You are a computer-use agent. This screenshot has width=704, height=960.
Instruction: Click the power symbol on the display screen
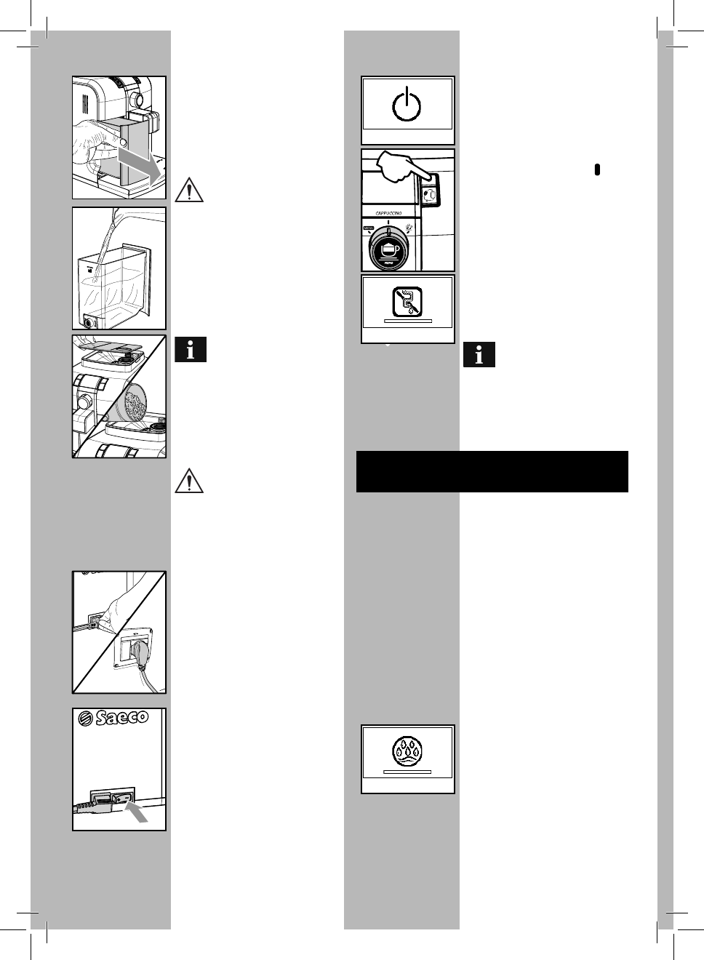pyautogui.click(x=407, y=105)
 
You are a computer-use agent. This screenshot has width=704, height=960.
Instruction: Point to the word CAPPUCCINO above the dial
pyautogui.click(x=388, y=213)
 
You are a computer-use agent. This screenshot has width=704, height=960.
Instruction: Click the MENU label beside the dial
pyautogui.click(x=368, y=228)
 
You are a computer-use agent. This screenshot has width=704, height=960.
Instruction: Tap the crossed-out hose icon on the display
pyautogui.click(x=407, y=301)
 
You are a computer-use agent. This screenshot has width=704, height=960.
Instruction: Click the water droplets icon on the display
pyautogui.click(x=407, y=751)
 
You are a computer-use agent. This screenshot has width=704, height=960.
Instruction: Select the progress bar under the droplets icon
pyautogui.click(x=407, y=772)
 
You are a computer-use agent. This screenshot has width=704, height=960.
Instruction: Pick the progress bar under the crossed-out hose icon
pyautogui.click(x=407, y=321)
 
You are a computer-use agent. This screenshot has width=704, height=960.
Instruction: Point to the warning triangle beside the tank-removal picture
pyautogui.click(x=190, y=189)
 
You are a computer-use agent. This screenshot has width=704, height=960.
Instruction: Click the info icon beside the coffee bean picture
pyautogui.click(x=191, y=350)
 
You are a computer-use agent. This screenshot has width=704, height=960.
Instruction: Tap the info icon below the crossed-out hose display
pyautogui.click(x=479, y=354)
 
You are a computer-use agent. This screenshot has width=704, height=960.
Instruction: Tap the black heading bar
pyautogui.click(x=492, y=471)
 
